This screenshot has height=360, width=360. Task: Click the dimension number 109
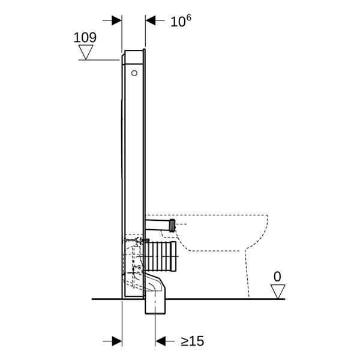click(85, 37)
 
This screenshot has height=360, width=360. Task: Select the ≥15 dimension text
click(193, 341)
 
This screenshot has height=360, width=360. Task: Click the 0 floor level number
click(277, 277)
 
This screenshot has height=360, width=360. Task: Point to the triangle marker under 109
click(86, 52)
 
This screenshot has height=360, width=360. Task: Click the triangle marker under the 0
click(278, 292)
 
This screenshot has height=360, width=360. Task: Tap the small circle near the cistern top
click(134, 73)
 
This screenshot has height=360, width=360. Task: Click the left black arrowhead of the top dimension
click(116, 20)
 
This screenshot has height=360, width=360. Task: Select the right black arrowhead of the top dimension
click(151, 20)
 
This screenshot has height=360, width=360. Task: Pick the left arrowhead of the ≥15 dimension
click(117, 341)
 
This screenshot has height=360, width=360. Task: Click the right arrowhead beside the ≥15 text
click(160, 341)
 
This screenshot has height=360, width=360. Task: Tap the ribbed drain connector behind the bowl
click(161, 256)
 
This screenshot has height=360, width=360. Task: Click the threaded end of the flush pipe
click(172, 226)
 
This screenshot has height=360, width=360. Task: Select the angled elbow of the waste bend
click(155, 284)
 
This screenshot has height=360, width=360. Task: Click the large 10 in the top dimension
click(177, 22)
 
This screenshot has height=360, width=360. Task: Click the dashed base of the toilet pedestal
click(247, 273)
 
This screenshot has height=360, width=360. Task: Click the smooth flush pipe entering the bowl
click(158, 225)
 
